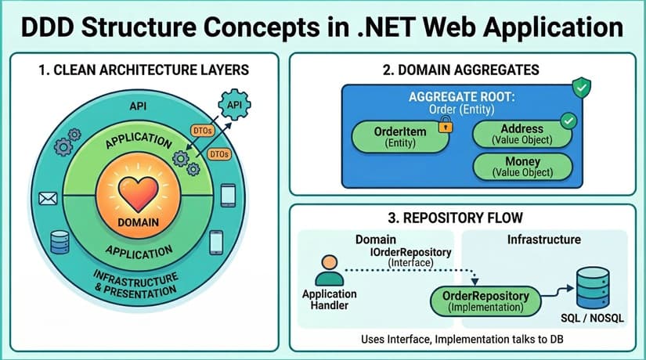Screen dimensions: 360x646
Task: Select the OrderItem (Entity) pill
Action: click(x=396, y=137)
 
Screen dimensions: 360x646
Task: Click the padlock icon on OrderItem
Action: click(x=443, y=124)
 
